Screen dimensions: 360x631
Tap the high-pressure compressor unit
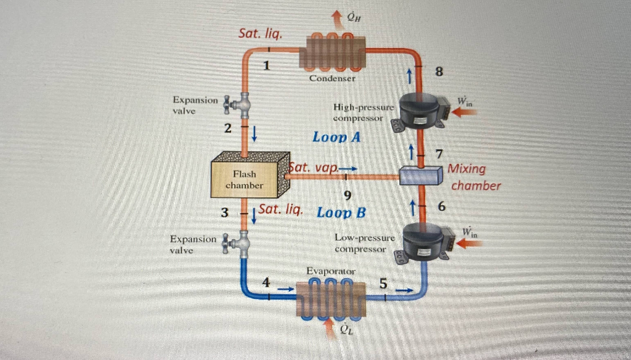pos(419,111)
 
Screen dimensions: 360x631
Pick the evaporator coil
pos(331,300)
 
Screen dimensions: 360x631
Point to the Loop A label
pos(336,137)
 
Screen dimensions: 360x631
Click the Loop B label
pos(341,213)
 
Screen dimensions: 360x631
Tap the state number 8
pos(439,72)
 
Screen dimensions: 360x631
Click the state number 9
pos(348,195)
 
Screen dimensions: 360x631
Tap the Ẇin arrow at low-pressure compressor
pos(470,243)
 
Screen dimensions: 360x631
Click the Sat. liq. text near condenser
pos(260,34)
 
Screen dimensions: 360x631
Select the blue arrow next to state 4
pos(285,287)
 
